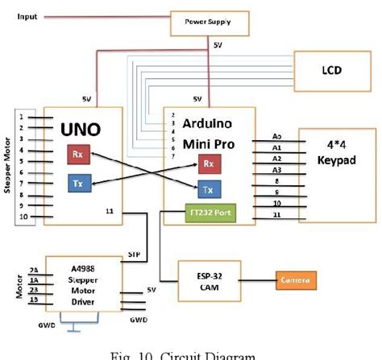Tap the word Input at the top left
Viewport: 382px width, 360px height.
click(x=27, y=16)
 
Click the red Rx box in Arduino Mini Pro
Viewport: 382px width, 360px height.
click(x=208, y=164)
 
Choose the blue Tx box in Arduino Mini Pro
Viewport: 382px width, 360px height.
click(x=208, y=190)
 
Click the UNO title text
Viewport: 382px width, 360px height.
click(x=80, y=127)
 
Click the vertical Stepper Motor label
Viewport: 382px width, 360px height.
click(x=9, y=166)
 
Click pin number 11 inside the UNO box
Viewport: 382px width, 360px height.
click(x=109, y=211)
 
